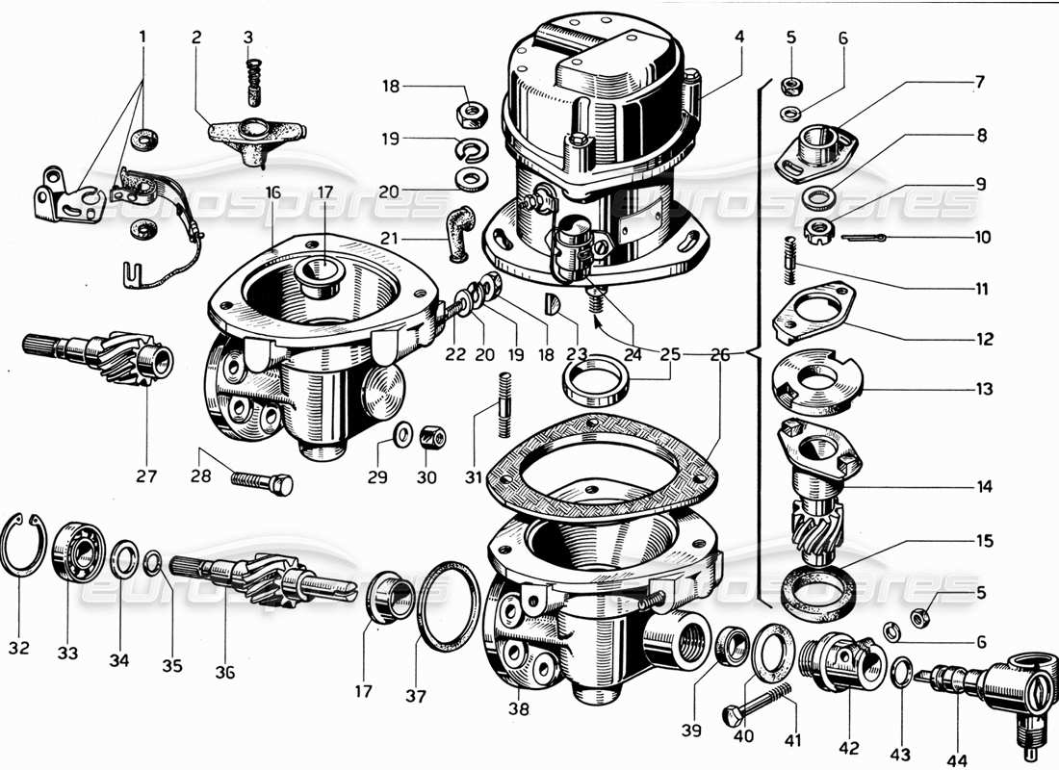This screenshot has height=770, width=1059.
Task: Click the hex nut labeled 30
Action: pyautogui.click(x=433, y=439)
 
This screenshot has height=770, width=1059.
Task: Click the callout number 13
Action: pyautogui.click(x=981, y=389)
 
